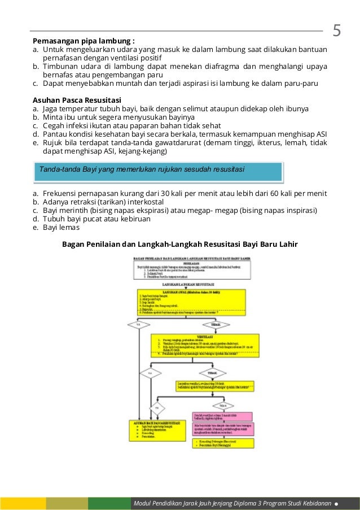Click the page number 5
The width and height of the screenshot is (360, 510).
[x=337, y=30]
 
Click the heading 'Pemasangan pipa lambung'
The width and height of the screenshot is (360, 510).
[x=84, y=41]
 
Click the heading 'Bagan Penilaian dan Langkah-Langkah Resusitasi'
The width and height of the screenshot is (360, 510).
[x=179, y=245]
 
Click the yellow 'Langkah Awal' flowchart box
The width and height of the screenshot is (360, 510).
[x=191, y=302]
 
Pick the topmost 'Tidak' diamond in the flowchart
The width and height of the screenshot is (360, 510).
[x=216, y=325]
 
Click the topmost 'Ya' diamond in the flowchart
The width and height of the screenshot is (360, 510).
[x=139, y=325]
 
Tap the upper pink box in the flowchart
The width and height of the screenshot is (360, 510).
[x=223, y=415]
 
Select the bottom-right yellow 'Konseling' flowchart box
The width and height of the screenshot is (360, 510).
[x=223, y=443]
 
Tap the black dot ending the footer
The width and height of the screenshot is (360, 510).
[x=336, y=503]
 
